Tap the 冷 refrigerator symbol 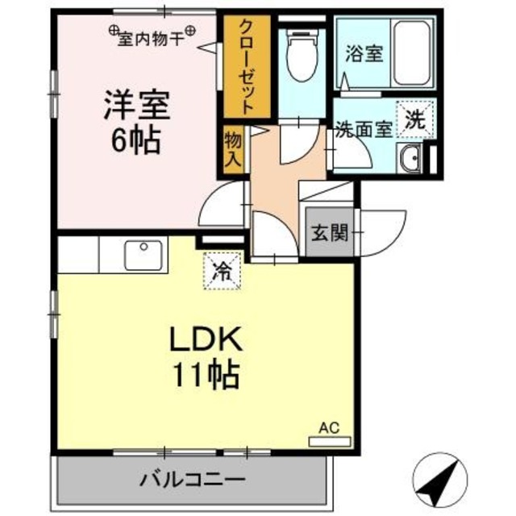(x=220, y=271)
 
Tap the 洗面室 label (x=365, y=129)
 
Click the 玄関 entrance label (x=330, y=234)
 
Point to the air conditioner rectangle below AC (x=329, y=441)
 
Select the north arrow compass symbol (x=441, y=480)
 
